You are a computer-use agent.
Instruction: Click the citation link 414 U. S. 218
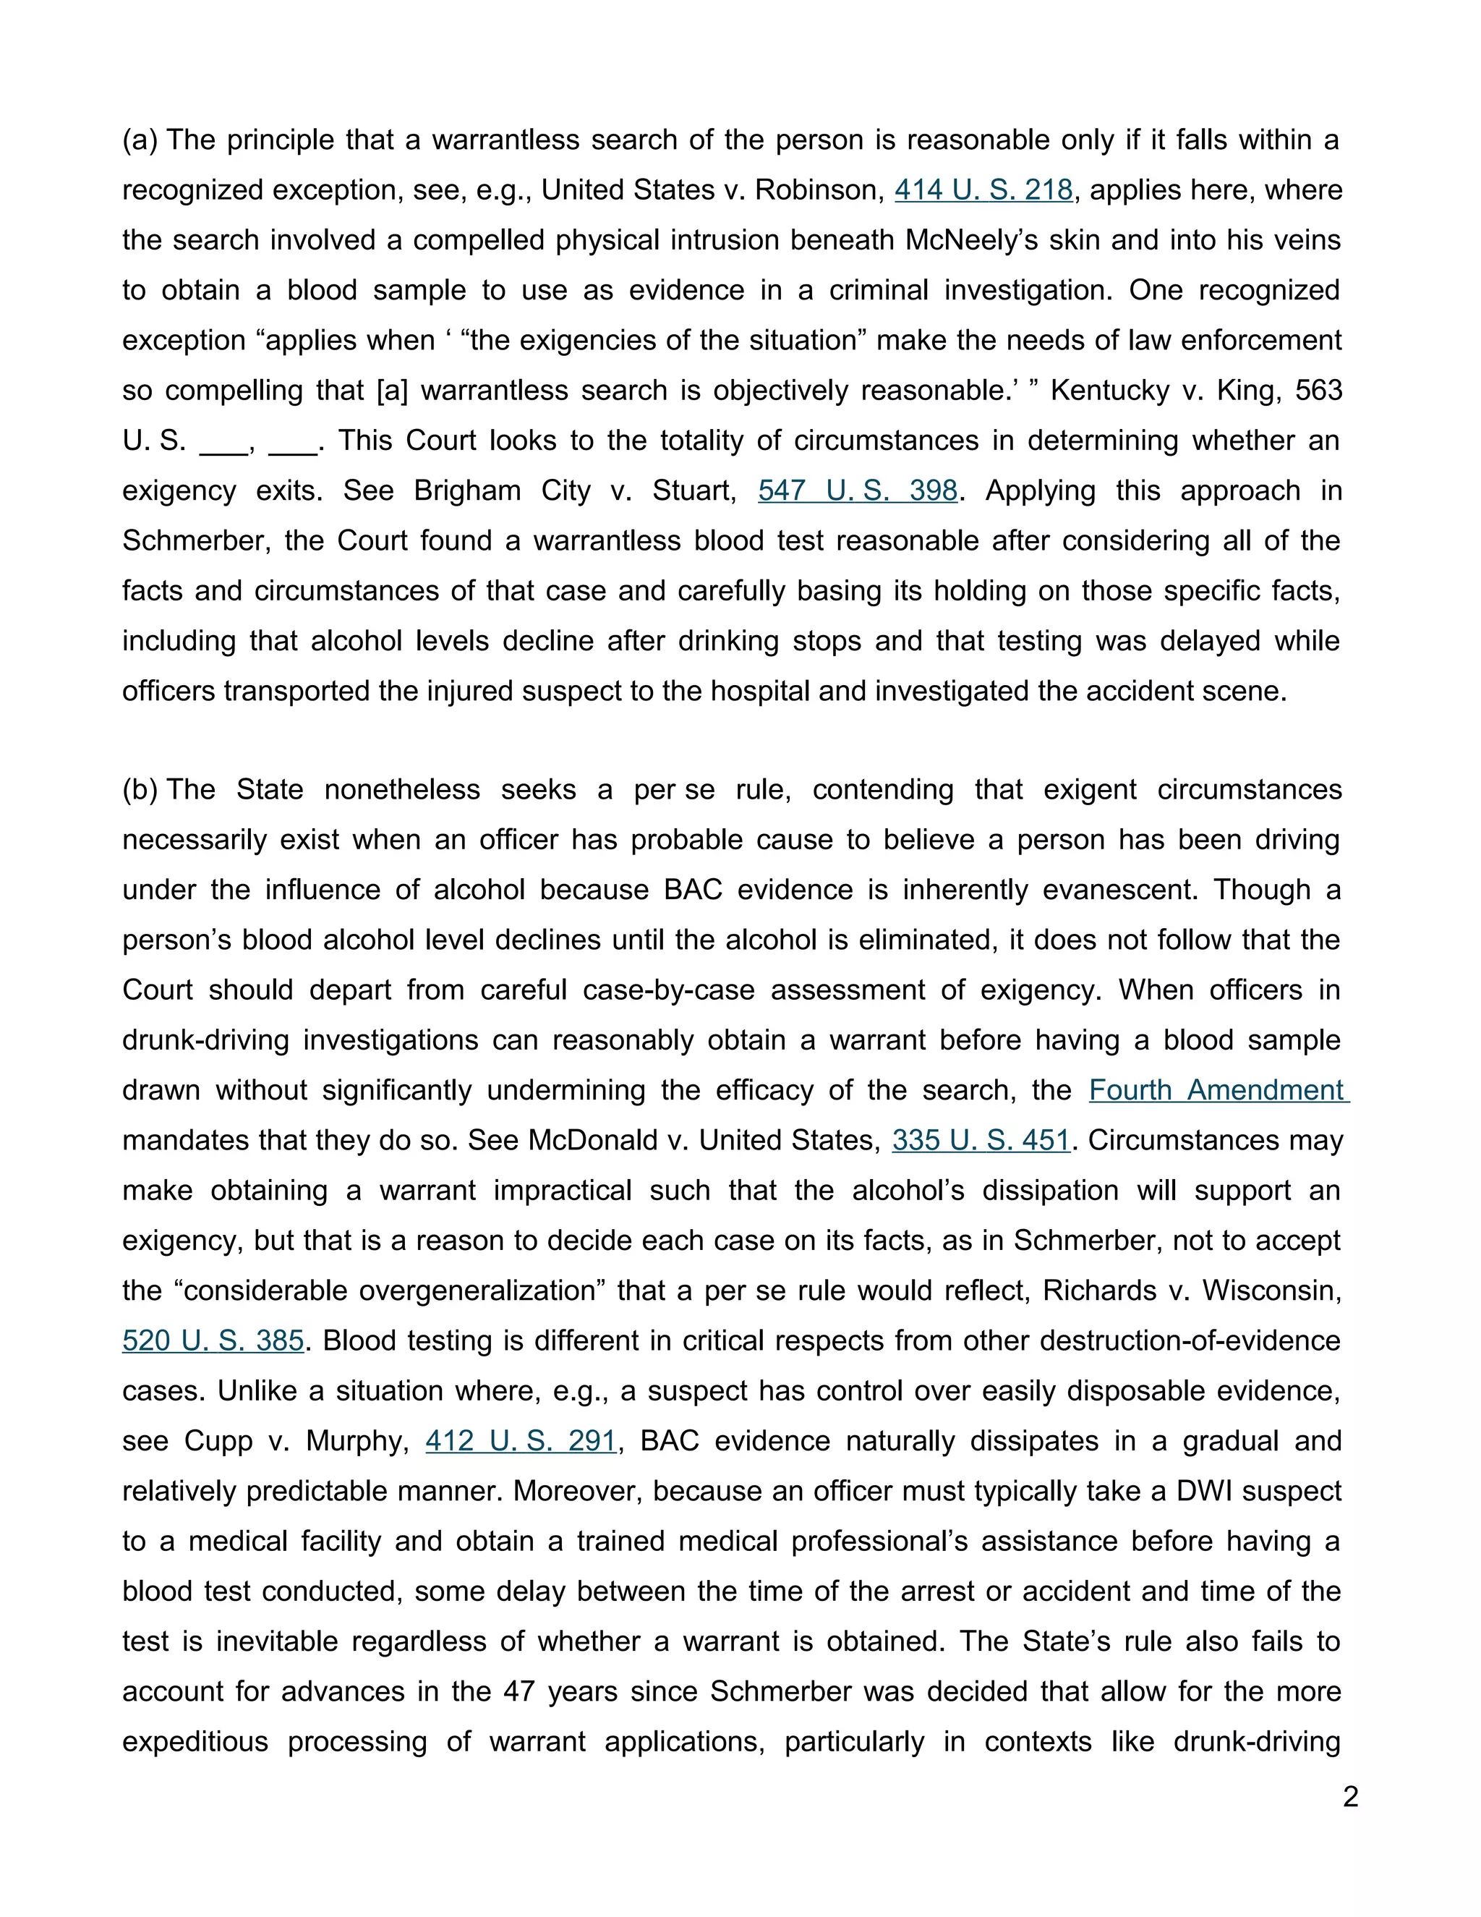983,190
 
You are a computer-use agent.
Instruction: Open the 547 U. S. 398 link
857,490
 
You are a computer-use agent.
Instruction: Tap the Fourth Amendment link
1218,1091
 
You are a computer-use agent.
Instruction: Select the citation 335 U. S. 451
981,1141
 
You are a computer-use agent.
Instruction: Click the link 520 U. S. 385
213,1341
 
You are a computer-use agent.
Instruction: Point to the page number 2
1350,1797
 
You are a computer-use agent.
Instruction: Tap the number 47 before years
518,1691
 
